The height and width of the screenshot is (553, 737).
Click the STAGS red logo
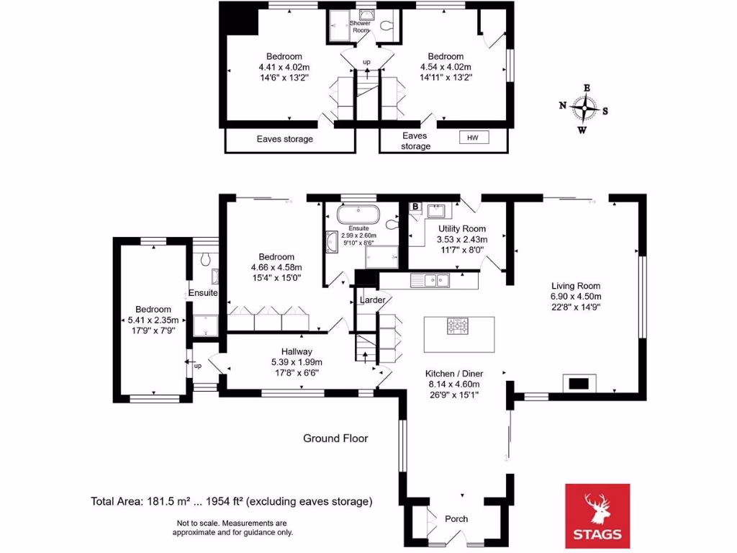(x=596, y=516)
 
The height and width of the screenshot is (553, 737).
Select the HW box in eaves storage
(x=473, y=138)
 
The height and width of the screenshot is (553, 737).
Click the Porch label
(x=456, y=518)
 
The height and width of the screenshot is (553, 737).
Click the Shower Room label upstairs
(x=360, y=27)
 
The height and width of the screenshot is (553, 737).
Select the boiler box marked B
(x=415, y=207)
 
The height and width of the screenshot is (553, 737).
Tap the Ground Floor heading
(x=335, y=438)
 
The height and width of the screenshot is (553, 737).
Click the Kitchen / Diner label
(x=453, y=374)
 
